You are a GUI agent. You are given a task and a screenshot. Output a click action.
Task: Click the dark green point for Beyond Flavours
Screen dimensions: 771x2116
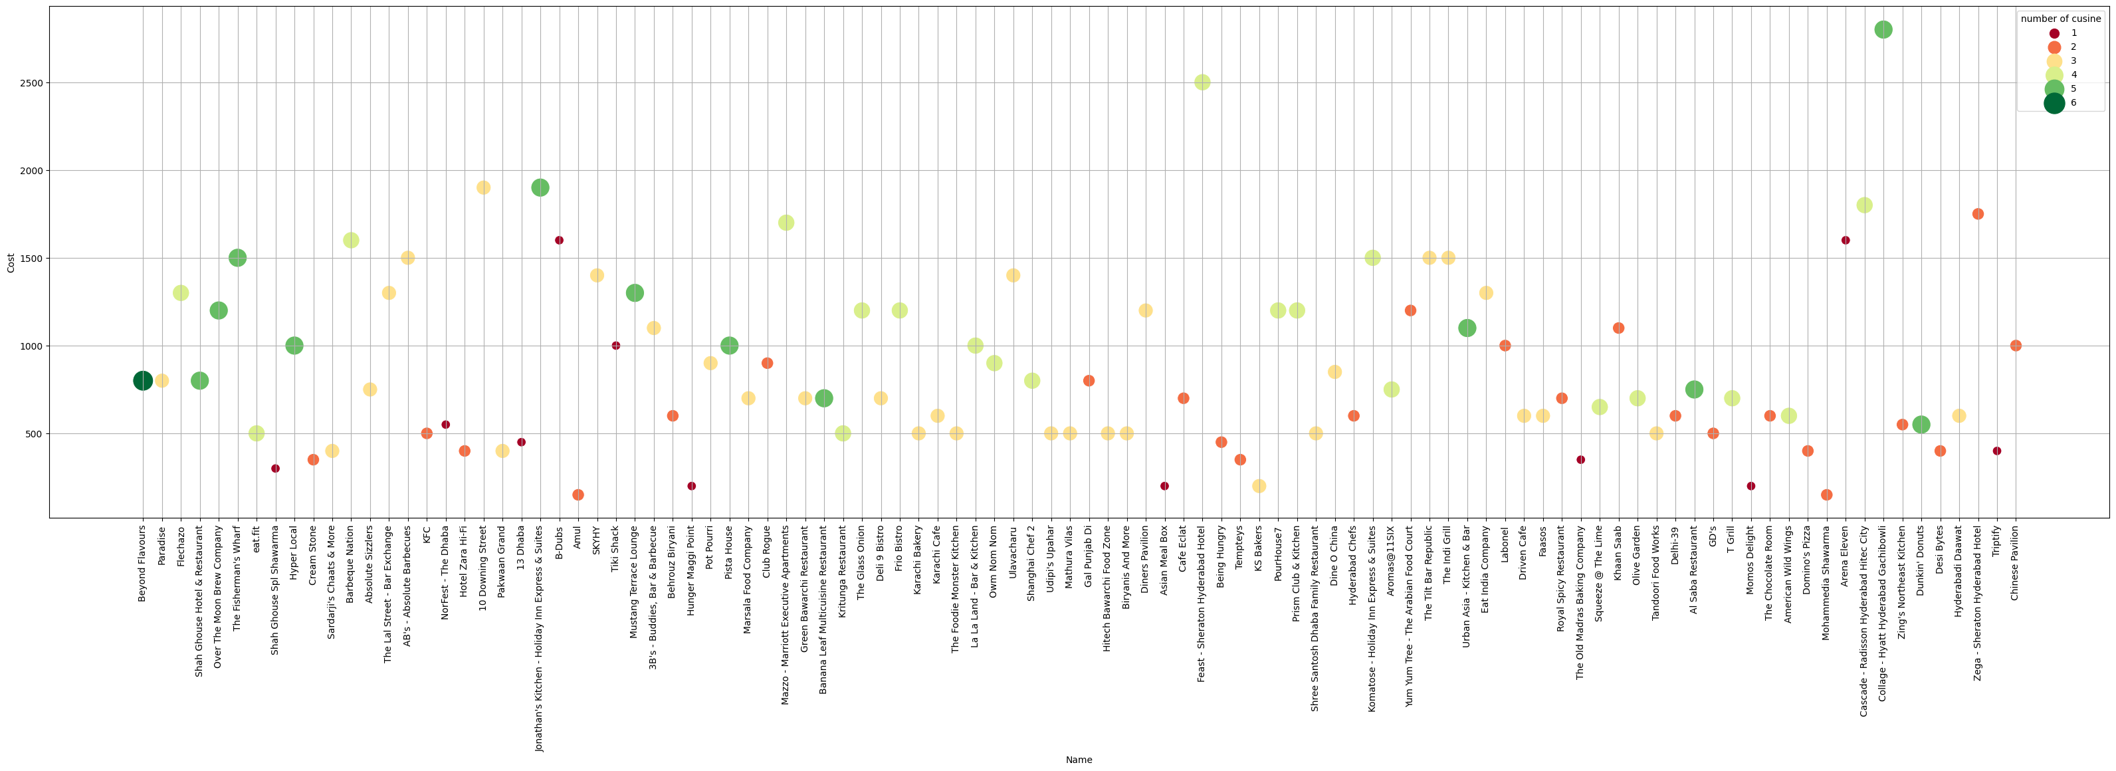pos(143,381)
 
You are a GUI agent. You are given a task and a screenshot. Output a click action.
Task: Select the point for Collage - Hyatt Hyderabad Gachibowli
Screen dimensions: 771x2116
pos(1883,30)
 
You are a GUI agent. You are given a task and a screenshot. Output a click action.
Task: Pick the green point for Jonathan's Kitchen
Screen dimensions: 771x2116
pos(540,187)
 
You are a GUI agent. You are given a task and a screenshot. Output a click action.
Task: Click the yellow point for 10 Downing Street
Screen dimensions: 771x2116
pos(484,187)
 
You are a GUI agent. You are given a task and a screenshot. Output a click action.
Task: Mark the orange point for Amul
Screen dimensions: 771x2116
pos(578,495)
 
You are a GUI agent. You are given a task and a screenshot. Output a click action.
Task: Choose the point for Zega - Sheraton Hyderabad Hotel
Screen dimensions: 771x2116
pos(1978,214)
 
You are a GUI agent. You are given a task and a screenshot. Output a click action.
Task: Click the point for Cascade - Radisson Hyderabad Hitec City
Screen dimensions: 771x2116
pos(1865,205)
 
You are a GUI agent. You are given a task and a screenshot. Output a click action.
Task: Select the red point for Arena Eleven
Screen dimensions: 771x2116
pos(1846,240)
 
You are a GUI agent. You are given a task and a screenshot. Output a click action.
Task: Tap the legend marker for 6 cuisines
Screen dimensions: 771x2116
pos(2054,103)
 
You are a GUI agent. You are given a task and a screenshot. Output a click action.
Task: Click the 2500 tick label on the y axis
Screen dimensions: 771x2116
pos(32,83)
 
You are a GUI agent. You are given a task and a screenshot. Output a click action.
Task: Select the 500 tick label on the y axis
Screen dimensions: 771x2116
pos(35,434)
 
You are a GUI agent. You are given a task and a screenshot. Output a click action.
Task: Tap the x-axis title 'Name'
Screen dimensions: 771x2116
pos(1079,760)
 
